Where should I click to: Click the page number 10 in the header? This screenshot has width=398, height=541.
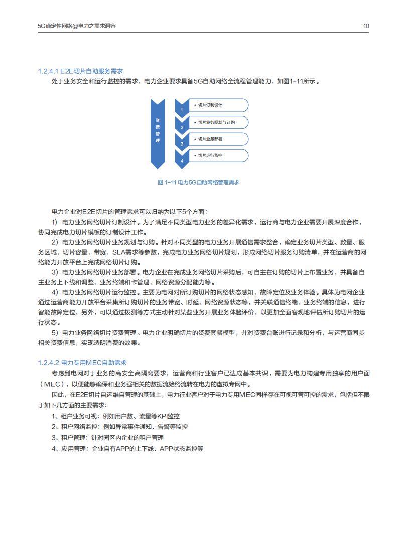pyautogui.click(x=366, y=26)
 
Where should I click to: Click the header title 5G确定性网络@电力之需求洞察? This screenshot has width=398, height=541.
pyautogui.click(x=76, y=26)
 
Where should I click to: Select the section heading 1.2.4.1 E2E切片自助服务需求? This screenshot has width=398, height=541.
pyautogui.click(x=80, y=71)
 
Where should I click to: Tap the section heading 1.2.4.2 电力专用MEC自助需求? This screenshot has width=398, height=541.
pyautogui.click(x=82, y=362)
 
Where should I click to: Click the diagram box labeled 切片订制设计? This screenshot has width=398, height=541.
pyautogui.click(x=218, y=105)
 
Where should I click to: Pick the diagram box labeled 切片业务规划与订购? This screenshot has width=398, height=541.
pyautogui.click(x=218, y=122)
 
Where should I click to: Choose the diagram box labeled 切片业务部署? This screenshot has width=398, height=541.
pyautogui.click(x=218, y=139)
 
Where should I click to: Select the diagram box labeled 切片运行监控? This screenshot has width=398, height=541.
pyautogui.click(x=218, y=155)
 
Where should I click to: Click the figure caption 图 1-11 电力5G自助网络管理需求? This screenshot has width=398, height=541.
pyautogui.click(x=198, y=182)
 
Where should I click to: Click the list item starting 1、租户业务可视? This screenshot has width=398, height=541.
pyautogui.click(x=115, y=416)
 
